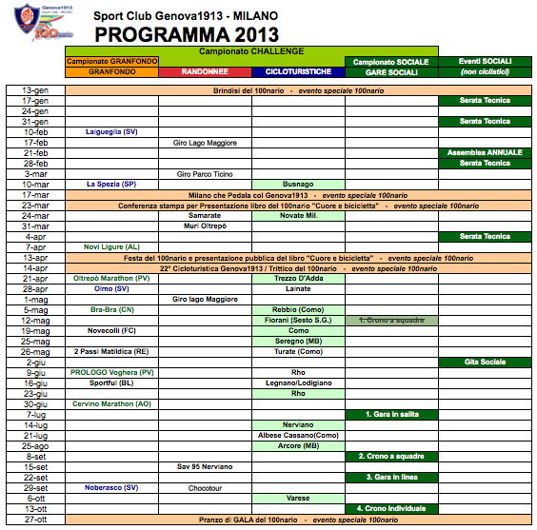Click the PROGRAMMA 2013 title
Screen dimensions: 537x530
(187, 35)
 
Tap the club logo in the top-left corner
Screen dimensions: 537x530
(30, 24)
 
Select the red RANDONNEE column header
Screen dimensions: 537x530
(206, 71)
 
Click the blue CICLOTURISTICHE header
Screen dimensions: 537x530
(298, 71)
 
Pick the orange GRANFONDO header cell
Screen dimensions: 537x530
(111, 71)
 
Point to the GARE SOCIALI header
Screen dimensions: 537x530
(391, 71)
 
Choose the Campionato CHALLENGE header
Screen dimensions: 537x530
(252, 50)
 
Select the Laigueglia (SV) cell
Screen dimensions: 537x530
(111, 132)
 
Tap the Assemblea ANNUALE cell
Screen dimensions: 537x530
(485, 153)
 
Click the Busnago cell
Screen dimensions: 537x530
(298, 185)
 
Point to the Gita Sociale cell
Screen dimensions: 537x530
(485, 362)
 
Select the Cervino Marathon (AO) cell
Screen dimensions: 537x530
(111, 403)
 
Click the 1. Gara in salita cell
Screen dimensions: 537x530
(391, 414)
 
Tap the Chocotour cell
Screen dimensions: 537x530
(206, 487)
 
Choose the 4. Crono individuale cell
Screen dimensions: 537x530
(391, 508)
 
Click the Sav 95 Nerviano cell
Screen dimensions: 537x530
(206, 466)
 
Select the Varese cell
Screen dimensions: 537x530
(298, 498)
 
